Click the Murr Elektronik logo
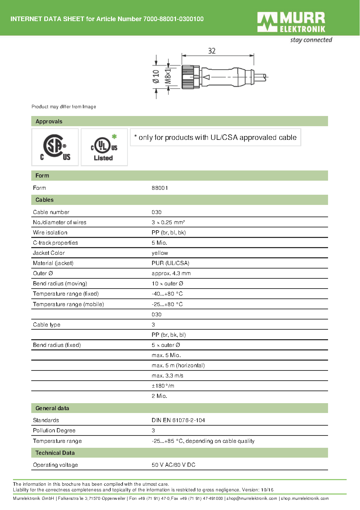click(x=291, y=22)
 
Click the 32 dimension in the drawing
click(x=212, y=51)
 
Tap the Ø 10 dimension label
click(x=156, y=76)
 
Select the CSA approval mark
click(x=55, y=147)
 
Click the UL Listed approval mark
click(x=104, y=147)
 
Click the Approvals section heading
click(x=49, y=122)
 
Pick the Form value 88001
click(x=160, y=188)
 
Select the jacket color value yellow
click(x=160, y=253)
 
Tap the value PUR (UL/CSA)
click(x=170, y=263)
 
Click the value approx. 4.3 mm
click(x=171, y=273)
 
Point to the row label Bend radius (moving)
click(x=60, y=284)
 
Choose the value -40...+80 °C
click(x=167, y=294)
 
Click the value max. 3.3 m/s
click(x=168, y=376)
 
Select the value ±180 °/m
click(x=163, y=386)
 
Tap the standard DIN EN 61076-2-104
click(x=178, y=420)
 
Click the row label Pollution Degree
click(x=54, y=431)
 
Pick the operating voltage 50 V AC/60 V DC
click(x=174, y=465)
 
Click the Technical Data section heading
click(x=55, y=453)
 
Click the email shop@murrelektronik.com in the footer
click(x=252, y=498)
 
